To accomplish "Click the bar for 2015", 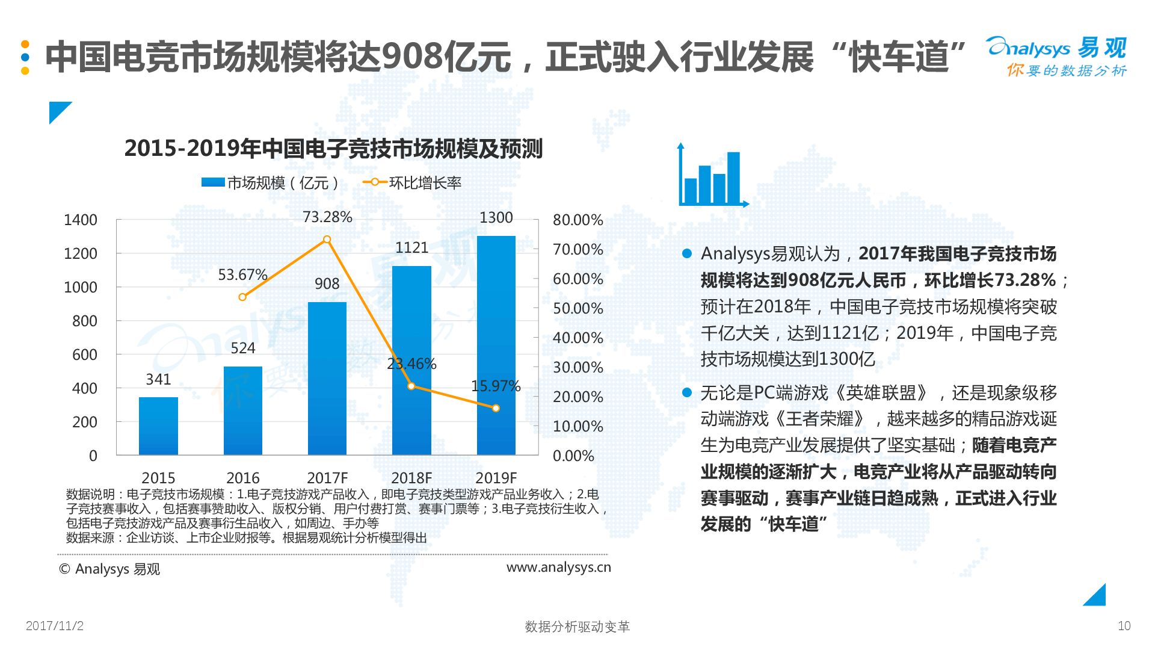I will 158,426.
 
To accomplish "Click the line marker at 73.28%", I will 327,240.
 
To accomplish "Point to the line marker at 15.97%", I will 496,408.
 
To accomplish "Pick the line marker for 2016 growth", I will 242,297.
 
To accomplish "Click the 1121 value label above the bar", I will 411,248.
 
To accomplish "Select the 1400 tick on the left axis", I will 81,220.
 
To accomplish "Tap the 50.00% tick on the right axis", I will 577,309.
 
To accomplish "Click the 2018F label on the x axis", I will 411,478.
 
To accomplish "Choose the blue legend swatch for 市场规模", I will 213,182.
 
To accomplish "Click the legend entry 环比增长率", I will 425,183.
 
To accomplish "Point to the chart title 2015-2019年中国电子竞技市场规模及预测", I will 333,149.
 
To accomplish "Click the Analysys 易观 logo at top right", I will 1056,56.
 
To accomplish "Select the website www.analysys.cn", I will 558,568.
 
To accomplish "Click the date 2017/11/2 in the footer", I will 55,626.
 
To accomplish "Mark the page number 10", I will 1124,626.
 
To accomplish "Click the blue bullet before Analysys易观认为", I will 687,253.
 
